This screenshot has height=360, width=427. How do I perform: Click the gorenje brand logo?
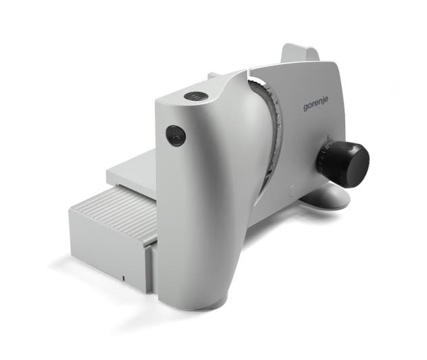(x=316, y=104)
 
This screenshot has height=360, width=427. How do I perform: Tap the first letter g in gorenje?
(x=306, y=108)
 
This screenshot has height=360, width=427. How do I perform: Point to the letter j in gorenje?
(x=323, y=102)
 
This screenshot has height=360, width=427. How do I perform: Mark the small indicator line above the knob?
(x=328, y=137)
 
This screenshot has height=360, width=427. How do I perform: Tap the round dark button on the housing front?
(x=176, y=136)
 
